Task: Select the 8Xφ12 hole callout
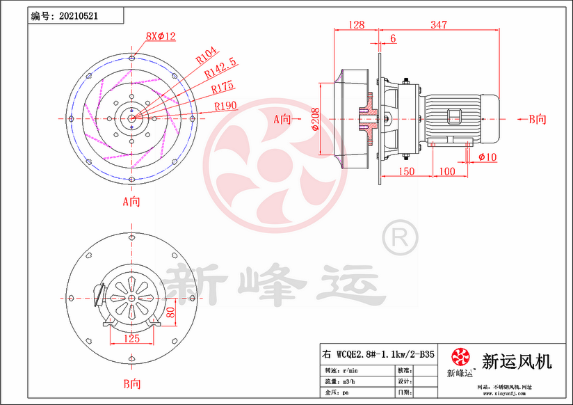coord(161,35)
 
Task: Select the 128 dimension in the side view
coord(355,25)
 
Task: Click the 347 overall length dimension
coord(438,25)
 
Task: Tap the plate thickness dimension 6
coord(394,39)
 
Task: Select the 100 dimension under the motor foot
coord(447,170)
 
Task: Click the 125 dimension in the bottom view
coord(131,338)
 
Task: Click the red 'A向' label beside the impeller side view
coord(283,119)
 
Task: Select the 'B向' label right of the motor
coord(537,119)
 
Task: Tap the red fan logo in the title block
coord(460,358)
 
